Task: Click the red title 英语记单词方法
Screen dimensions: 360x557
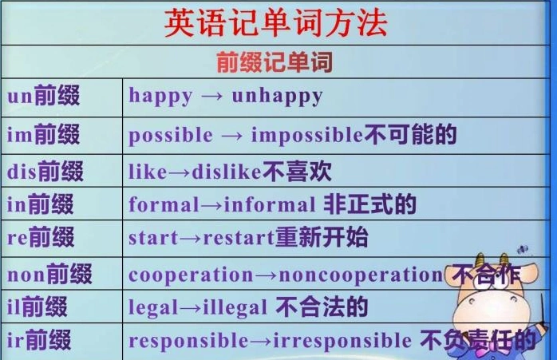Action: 275,23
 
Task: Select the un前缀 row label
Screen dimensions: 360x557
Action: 44,97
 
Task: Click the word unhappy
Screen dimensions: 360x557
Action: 277,97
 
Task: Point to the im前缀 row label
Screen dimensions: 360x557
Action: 44,134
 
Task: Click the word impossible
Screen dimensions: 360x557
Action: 307,135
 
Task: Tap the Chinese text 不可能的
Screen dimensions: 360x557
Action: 410,134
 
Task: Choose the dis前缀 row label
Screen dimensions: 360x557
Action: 45,171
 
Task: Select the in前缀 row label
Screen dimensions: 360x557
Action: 41,204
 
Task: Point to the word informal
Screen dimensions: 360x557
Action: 270,205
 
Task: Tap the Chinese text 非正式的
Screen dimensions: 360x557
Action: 369,204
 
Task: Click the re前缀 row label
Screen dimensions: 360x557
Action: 41,238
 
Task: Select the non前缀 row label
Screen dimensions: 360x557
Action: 49,275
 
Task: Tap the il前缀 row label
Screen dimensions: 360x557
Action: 38,307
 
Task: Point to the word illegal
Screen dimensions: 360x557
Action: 236,308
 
